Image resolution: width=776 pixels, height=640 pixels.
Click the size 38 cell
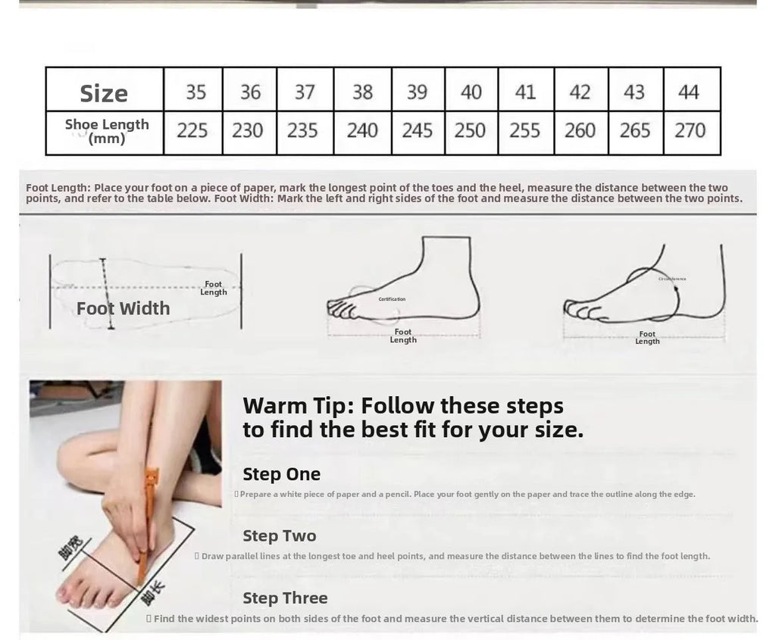click(362, 92)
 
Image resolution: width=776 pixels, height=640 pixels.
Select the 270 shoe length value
click(690, 130)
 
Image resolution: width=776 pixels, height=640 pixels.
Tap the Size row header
click(104, 93)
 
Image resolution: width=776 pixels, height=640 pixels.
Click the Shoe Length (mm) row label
click(106, 131)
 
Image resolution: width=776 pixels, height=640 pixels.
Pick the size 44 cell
click(688, 92)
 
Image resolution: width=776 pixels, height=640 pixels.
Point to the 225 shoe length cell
click(192, 130)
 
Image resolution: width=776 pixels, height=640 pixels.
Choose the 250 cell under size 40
click(470, 130)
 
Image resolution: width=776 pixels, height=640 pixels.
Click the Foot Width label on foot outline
click(123, 308)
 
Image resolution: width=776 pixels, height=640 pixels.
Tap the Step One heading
click(281, 474)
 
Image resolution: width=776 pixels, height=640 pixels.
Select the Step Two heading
click(279, 536)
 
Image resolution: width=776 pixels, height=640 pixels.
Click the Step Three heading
click(285, 598)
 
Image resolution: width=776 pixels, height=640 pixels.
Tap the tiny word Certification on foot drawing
click(392, 299)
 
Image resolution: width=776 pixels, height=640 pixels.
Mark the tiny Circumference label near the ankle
click(672, 279)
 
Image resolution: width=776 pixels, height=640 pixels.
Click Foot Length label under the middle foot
click(403, 336)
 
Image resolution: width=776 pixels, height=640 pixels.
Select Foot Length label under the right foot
click(647, 338)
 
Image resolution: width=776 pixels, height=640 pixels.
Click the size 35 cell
click(196, 92)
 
